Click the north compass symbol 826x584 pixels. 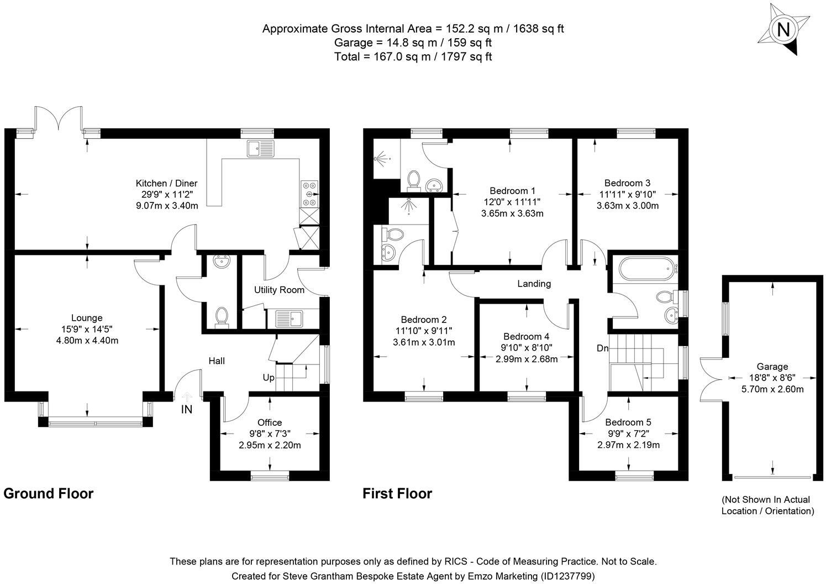(782, 29)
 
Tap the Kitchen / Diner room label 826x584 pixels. (166, 184)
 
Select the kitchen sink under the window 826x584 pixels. (261, 148)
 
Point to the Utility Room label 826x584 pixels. (279, 290)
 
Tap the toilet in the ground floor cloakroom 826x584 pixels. (222, 317)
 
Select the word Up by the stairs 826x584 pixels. (269, 378)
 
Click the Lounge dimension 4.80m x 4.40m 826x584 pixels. (87, 341)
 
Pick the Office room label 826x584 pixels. (270, 423)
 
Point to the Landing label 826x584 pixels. (534, 284)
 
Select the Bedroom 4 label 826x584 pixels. (526, 336)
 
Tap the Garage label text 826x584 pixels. (772, 366)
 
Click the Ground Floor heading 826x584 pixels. (49, 493)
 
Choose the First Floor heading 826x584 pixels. (397, 493)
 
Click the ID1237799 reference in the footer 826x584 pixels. (567, 576)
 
